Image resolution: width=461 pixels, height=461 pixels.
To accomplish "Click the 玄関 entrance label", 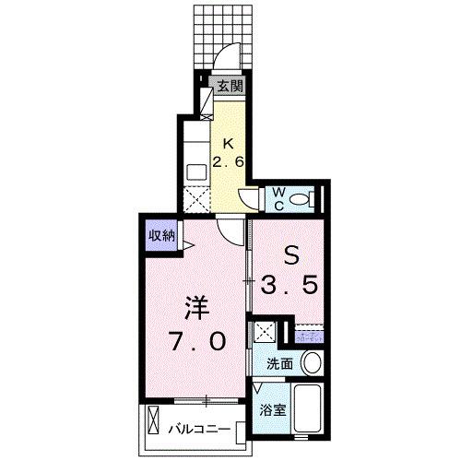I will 230,88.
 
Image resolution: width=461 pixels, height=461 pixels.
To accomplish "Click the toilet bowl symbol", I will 310,197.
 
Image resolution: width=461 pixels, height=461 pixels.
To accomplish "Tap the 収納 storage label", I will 163,236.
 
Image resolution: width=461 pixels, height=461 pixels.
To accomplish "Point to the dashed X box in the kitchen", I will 197,199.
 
